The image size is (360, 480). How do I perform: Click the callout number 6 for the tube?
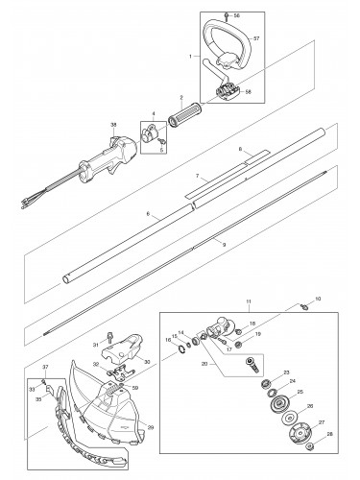[x=148, y=218]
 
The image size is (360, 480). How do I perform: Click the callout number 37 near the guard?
[x=44, y=367]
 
